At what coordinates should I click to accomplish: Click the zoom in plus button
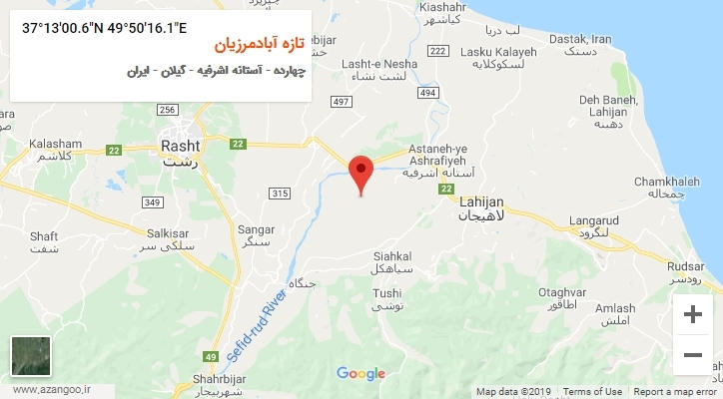point(691,314)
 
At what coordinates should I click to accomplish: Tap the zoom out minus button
point(691,354)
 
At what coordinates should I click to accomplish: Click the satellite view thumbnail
point(29,356)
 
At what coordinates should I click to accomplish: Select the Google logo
point(361,374)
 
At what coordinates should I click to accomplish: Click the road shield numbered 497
point(342,102)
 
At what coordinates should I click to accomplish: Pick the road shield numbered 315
point(280,193)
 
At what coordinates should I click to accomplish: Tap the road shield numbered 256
point(167,110)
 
